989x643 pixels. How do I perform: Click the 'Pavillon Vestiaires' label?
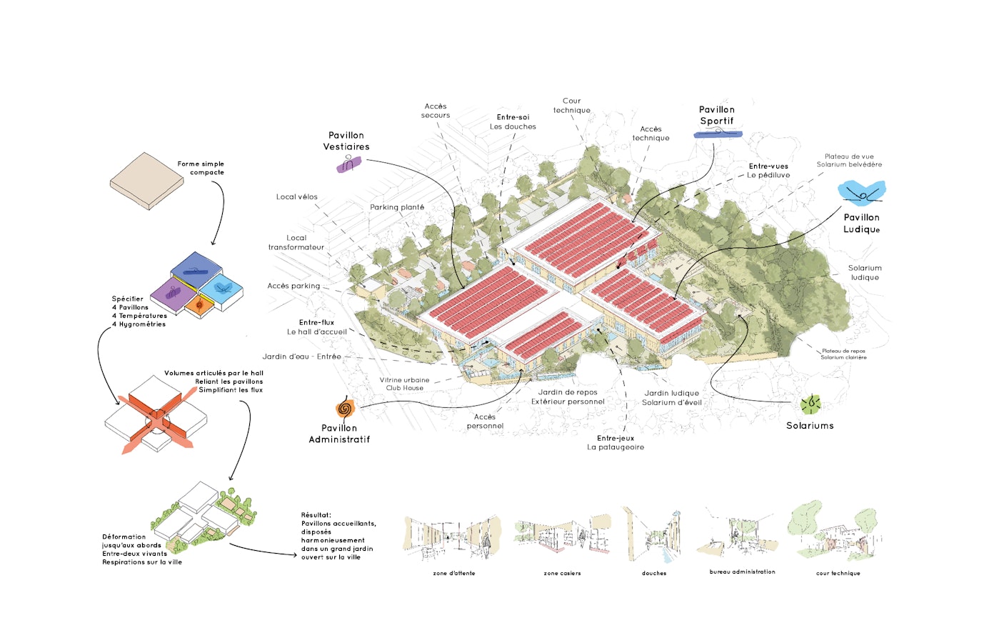click(346, 141)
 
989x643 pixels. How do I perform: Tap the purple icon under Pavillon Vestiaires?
click(348, 164)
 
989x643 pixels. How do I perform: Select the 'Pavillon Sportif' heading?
click(716, 115)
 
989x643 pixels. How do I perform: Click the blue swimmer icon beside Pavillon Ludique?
click(862, 193)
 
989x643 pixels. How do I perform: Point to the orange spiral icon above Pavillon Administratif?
click(345, 409)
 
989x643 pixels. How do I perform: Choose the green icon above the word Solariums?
click(810, 404)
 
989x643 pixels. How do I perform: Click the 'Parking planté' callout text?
click(397, 207)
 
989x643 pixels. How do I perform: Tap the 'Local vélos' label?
click(297, 196)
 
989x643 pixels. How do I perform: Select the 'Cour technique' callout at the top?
click(571, 106)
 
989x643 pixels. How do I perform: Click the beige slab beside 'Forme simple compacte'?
click(147, 181)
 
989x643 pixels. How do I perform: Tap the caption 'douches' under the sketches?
click(654, 573)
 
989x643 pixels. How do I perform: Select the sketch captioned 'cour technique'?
click(835, 534)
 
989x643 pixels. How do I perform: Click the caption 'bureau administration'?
click(742, 572)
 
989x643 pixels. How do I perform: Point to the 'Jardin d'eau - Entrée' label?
click(301, 357)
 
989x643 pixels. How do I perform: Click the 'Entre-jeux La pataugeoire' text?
click(616, 443)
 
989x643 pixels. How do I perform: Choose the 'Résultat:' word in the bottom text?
click(316, 514)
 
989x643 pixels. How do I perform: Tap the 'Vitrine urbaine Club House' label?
click(405, 384)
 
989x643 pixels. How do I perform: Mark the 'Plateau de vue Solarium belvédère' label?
click(849, 161)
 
